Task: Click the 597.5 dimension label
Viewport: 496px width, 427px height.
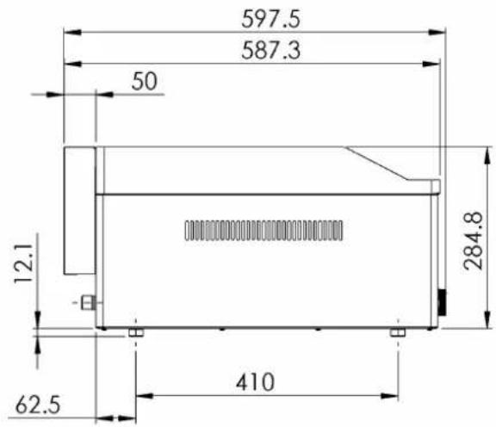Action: (270, 19)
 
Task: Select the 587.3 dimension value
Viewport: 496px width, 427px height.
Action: (270, 51)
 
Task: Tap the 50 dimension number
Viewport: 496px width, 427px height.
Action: (145, 81)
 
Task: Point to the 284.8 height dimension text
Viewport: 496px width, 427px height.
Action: (474, 241)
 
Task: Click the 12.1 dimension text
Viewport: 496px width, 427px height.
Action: (24, 263)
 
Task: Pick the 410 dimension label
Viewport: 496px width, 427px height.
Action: (255, 382)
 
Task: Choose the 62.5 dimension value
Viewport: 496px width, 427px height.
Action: (38, 405)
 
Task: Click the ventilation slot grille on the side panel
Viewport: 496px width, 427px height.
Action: (263, 231)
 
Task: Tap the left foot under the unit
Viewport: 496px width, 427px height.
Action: (136, 332)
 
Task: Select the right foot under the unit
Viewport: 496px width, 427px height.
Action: (398, 332)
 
